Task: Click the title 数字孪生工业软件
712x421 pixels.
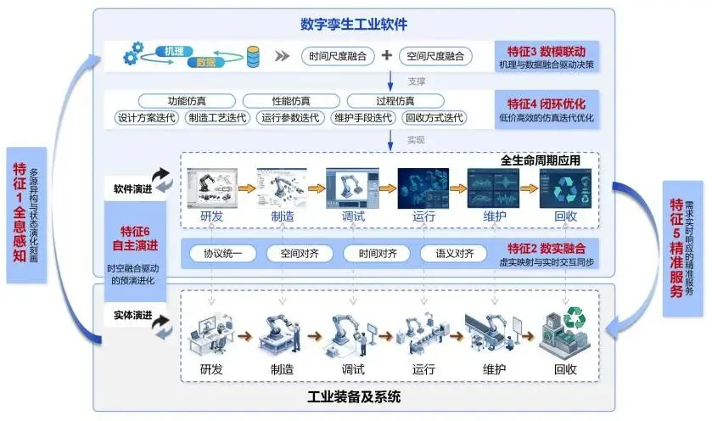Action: click(355, 24)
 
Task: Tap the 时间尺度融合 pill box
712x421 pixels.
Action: click(337, 57)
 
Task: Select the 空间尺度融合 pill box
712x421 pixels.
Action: click(432, 57)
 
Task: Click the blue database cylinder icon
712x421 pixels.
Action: click(253, 58)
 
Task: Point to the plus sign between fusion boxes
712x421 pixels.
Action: click(386, 56)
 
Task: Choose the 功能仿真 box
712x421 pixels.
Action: click(188, 101)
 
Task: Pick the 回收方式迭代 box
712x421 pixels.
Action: click(434, 117)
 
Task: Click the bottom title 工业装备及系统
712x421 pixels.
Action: click(355, 396)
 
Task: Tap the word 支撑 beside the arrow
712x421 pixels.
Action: click(416, 81)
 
